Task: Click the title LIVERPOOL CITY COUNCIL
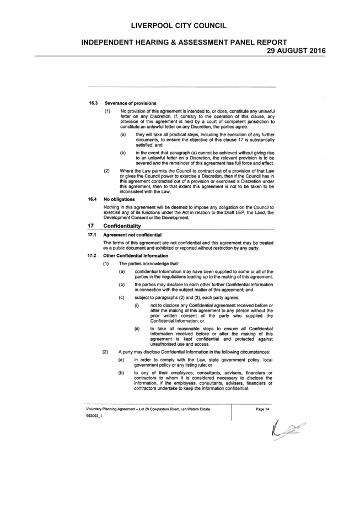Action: [179, 26]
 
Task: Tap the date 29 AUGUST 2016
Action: [296, 51]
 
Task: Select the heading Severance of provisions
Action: [131, 103]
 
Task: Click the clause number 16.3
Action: [94, 103]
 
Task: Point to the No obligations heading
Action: [119, 199]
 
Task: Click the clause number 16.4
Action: [93, 199]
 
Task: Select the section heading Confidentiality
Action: [122, 226]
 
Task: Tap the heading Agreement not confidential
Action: [132, 235]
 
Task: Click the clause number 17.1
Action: [92, 235]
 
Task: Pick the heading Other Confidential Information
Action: [136, 256]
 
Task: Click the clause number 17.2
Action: [92, 256]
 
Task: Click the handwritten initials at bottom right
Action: [288, 431]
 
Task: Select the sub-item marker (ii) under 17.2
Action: [137, 329]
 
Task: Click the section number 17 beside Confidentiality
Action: [91, 226]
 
